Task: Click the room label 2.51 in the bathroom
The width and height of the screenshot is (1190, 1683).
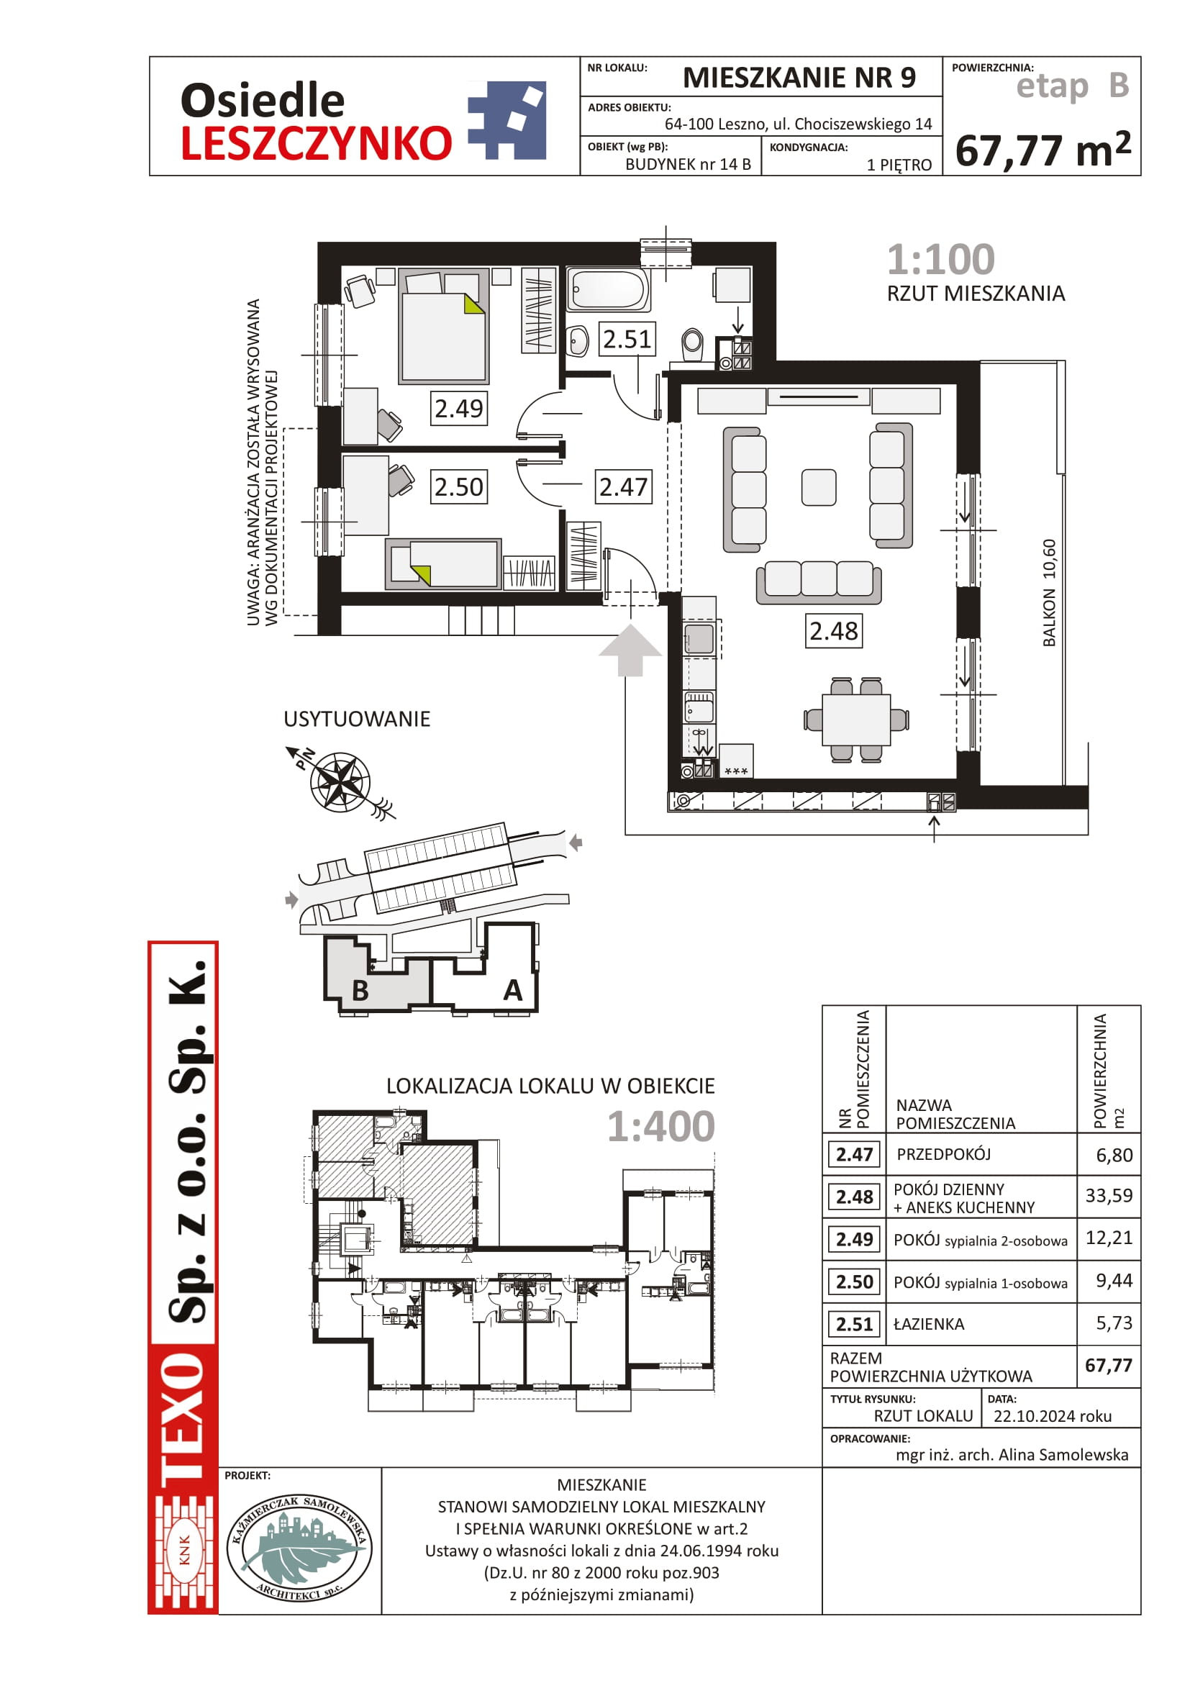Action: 627,339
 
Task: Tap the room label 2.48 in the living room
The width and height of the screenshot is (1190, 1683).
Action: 833,630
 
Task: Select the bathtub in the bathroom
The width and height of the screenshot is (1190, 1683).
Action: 608,289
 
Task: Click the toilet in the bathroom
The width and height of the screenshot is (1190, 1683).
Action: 692,344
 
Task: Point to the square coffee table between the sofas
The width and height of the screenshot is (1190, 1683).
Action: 819,487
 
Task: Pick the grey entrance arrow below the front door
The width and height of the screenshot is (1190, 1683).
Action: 630,650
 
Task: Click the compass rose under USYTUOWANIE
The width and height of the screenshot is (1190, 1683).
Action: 340,781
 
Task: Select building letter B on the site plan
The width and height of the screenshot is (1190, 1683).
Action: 360,990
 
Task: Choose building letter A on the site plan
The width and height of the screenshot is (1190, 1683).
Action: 513,989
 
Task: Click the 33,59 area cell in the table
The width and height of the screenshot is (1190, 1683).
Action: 1109,1196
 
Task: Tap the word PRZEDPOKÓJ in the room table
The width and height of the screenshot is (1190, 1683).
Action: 944,1154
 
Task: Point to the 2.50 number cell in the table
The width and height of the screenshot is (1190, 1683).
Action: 855,1281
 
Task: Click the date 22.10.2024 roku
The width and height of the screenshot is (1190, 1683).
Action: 1053,1416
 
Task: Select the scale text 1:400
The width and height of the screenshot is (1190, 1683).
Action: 661,1126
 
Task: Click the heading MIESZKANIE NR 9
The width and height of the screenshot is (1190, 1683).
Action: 799,77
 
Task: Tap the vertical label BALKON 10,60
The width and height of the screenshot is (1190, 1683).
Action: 1049,593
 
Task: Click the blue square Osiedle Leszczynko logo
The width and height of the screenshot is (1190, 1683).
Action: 508,120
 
